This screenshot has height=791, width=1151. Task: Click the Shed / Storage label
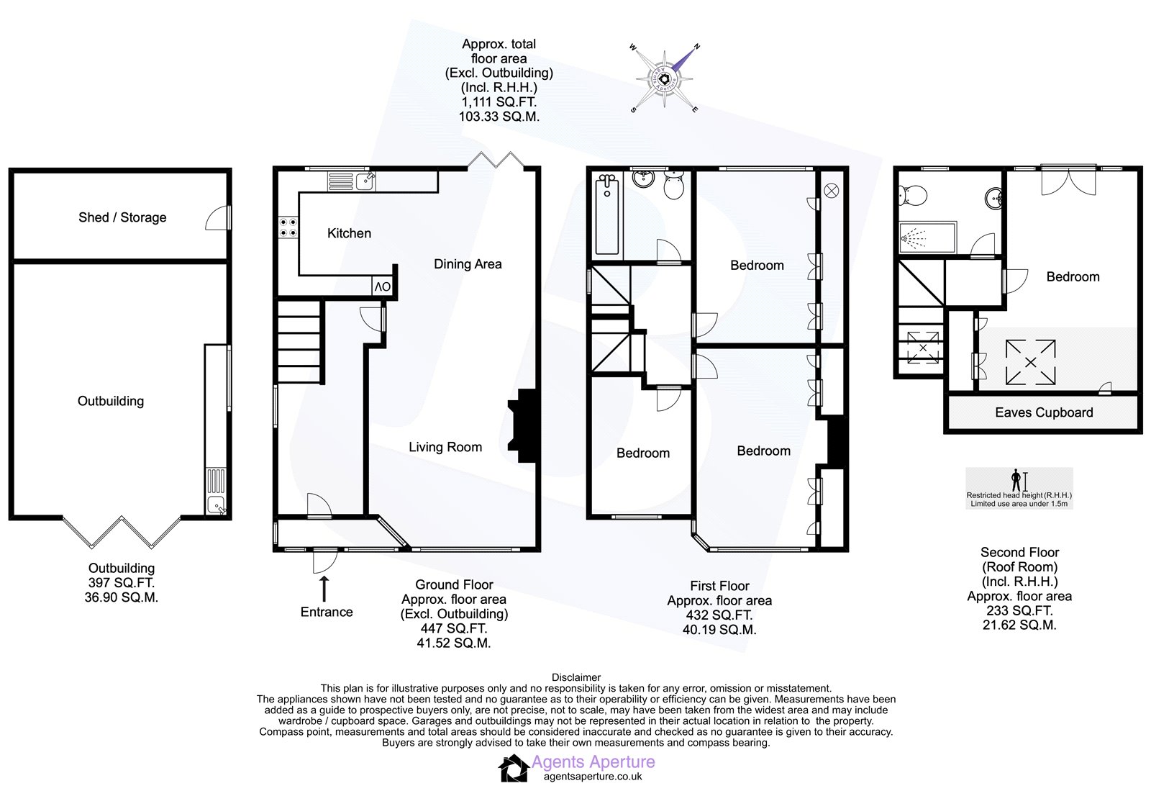(122, 217)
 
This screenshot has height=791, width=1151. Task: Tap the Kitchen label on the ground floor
(349, 233)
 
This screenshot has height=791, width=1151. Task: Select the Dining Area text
(468, 264)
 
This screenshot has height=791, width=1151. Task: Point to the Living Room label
(445, 447)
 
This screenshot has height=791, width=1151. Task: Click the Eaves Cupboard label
(1044, 412)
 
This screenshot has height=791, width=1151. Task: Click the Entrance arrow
(324, 588)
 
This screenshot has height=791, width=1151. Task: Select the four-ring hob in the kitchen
(288, 227)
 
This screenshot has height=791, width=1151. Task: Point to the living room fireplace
(524, 425)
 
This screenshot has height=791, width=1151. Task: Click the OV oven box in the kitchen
(382, 286)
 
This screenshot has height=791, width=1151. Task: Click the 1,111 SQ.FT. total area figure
(499, 101)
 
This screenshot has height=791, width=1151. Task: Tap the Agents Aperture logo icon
(514, 768)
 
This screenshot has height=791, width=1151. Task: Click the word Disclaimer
(575, 677)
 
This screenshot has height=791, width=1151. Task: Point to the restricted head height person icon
(1016, 479)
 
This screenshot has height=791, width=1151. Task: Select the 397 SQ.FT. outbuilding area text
(122, 583)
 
